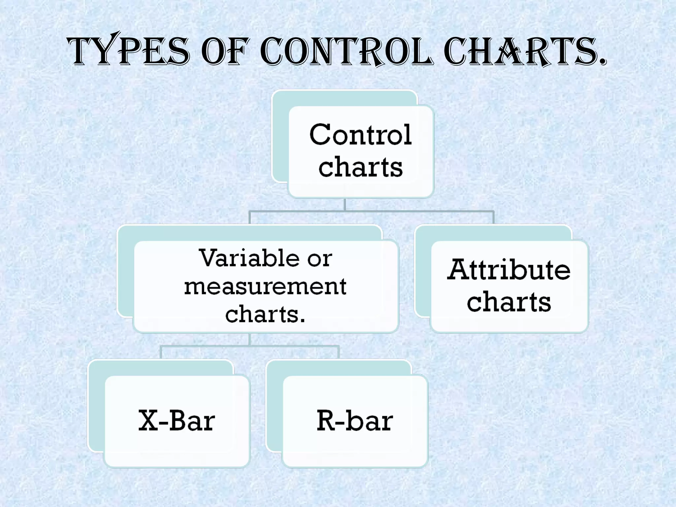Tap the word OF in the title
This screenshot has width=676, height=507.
[x=224, y=52]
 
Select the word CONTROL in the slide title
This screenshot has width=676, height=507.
[x=346, y=52]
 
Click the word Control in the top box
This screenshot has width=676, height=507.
[x=360, y=135]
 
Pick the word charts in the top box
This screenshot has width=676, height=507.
[x=360, y=167]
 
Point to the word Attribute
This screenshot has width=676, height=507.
[x=509, y=270]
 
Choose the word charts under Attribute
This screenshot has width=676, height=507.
[x=509, y=302]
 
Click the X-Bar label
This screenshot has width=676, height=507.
[x=177, y=421]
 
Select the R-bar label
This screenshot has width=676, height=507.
[x=355, y=421]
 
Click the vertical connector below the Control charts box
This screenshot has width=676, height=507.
[x=345, y=204]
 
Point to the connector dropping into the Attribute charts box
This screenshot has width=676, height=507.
[x=493, y=218]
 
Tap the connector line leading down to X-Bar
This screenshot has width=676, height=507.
[x=161, y=352]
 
